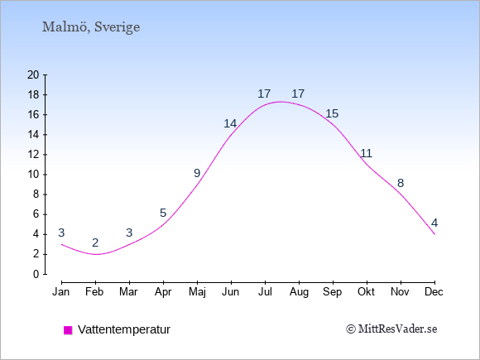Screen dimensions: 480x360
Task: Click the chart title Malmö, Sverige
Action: [91, 27]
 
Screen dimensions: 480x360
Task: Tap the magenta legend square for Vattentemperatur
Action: [68, 330]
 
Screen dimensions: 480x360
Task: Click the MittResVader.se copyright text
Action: [391, 329]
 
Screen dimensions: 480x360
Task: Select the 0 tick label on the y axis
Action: [36, 274]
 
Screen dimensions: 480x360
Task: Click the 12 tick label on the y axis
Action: [33, 155]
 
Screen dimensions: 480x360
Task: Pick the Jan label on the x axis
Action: [61, 292]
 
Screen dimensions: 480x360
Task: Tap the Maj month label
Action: [197, 292]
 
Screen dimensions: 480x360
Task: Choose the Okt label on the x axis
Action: [366, 292]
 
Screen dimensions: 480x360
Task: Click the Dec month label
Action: [434, 292]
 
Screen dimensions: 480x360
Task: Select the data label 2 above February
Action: [95, 242]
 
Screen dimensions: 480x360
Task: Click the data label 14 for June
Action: [230, 123]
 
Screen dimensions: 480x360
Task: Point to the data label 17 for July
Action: [264, 94]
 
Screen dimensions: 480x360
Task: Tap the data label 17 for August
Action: [298, 94]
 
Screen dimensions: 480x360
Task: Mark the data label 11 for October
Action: [366, 153]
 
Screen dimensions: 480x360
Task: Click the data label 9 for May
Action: [197, 173]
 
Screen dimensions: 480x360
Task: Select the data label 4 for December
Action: [434, 223]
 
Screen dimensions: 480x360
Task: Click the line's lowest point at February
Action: [96, 254]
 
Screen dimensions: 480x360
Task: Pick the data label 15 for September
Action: [332, 113]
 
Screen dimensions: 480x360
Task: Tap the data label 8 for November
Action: [401, 183]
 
